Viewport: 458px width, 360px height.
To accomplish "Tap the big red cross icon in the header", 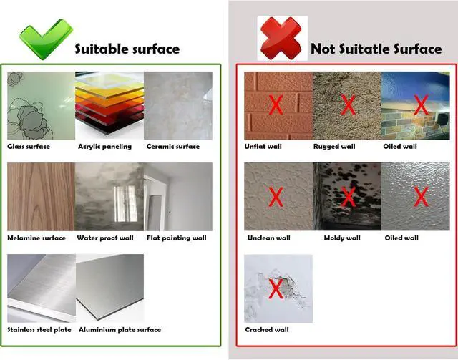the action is click(x=281, y=39).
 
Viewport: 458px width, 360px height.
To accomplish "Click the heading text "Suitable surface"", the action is click(x=127, y=49).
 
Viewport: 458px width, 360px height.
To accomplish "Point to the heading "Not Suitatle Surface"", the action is click(x=376, y=49).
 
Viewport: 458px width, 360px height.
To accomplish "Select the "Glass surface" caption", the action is click(x=29, y=147).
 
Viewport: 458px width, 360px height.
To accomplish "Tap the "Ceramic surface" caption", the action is click(x=173, y=147).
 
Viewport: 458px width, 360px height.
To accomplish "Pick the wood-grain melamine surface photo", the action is click(x=41, y=197).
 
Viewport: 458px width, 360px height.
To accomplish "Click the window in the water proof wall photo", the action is click(x=126, y=204).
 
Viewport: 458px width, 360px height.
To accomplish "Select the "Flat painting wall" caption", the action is click(x=177, y=238).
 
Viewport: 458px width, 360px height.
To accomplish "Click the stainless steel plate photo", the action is click(x=42, y=288).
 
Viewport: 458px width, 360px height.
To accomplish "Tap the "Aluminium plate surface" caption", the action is click(x=120, y=330).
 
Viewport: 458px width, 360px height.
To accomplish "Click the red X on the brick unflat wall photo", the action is click(x=276, y=104).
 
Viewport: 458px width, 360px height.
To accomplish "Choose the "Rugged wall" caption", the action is click(x=334, y=147).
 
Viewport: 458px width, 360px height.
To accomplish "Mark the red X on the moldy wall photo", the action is click(x=349, y=198).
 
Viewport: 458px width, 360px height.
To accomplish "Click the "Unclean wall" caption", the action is click(x=269, y=238).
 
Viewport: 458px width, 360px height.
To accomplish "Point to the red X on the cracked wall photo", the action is click(x=276, y=288).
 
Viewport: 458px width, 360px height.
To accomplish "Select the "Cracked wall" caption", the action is click(x=267, y=330).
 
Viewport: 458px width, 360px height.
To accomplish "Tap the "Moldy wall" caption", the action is click(x=342, y=238).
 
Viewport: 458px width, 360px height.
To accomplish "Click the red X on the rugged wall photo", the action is click(x=349, y=104).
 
